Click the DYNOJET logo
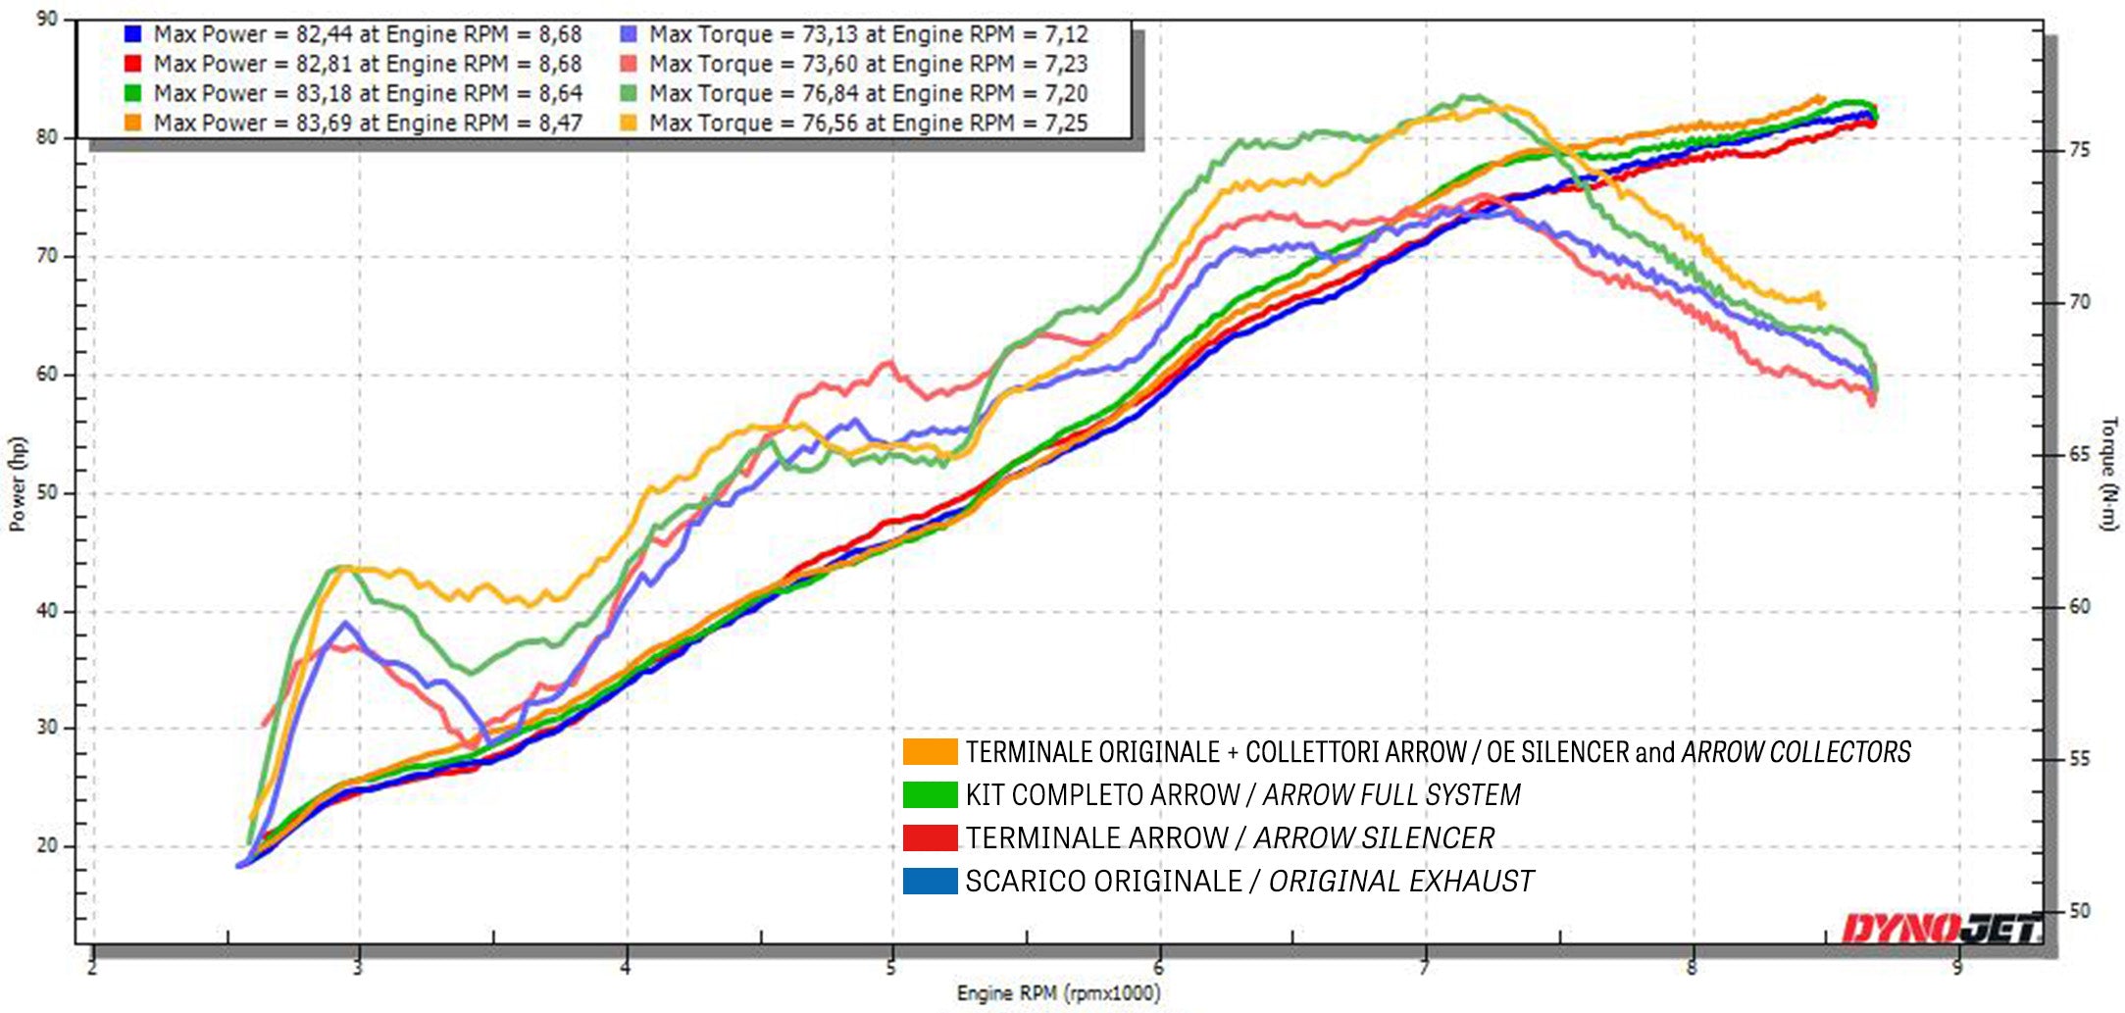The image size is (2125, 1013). click(1942, 928)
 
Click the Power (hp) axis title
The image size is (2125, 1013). click(17, 484)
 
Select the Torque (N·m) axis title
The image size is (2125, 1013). click(2108, 474)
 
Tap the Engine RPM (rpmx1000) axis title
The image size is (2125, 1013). click(1058, 993)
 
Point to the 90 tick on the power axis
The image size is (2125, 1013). click(47, 19)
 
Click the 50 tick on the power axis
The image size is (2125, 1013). click(47, 492)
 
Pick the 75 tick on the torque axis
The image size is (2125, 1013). click(2080, 150)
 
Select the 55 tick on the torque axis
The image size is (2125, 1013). click(2080, 759)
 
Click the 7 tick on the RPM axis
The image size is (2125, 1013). click(1424, 968)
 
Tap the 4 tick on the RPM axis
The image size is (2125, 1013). click(625, 968)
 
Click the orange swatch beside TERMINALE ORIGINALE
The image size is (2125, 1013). click(930, 752)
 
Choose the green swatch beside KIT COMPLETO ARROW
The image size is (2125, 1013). click(930, 795)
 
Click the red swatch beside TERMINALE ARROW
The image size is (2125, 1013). click(930, 838)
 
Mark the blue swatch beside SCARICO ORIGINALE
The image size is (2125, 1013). click(930, 882)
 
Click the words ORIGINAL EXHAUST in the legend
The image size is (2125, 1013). click(1401, 882)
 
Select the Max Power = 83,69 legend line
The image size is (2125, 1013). click(368, 124)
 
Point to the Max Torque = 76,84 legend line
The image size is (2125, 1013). click(868, 94)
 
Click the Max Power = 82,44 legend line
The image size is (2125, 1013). click(368, 35)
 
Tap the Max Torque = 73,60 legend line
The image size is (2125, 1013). click(868, 65)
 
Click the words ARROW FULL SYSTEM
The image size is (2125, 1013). click(1391, 795)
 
